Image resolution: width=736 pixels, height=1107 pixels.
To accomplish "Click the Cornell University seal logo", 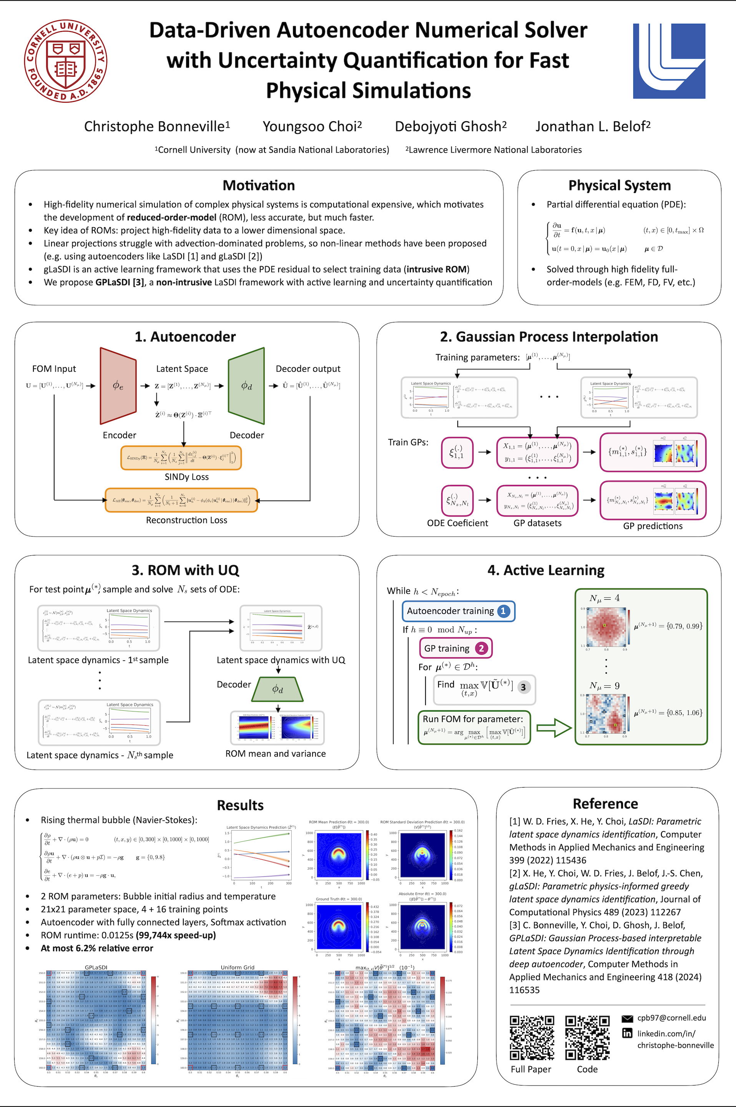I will (x=66, y=61).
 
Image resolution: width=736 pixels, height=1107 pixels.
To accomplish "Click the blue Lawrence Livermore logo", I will (x=669, y=61).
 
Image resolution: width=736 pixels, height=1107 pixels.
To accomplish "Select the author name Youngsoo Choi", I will (x=312, y=126).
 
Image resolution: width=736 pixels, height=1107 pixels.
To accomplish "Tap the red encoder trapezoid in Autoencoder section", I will (x=118, y=386).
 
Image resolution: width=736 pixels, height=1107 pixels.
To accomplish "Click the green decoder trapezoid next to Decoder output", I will (x=246, y=386).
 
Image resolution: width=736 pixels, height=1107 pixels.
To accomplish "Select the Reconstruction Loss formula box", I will (x=181, y=500).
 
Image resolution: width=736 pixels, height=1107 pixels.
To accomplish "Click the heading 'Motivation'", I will (x=259, y=185).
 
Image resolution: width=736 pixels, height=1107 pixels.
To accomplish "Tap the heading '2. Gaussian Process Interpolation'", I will (x=549, y=337).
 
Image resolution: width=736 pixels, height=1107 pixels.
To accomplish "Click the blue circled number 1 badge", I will (x=503, y=611).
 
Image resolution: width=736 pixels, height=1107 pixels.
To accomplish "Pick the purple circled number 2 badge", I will (x=481, y=648).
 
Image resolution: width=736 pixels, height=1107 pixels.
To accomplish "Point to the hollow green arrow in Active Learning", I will (x=554, y=728).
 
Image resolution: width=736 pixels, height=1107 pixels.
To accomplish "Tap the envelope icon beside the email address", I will (x=627, y=1018).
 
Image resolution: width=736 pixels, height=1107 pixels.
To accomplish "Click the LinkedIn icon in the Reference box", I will (x=627, y=1033).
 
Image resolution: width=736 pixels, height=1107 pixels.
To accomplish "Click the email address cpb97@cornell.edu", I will (x=671, y=1018).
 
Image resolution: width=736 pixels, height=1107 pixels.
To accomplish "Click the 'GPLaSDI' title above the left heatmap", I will (x=96, y=967).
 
